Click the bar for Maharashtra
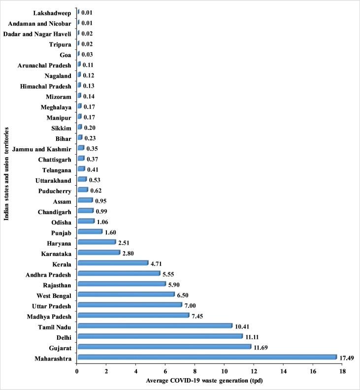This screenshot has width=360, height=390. pos(207,357)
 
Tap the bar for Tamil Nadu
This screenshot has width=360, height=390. pos(155,325)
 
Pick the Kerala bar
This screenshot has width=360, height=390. pos(112,263)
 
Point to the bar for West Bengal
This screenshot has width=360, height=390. pos(126,294)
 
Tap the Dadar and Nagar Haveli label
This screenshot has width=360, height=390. pos(38,33)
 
